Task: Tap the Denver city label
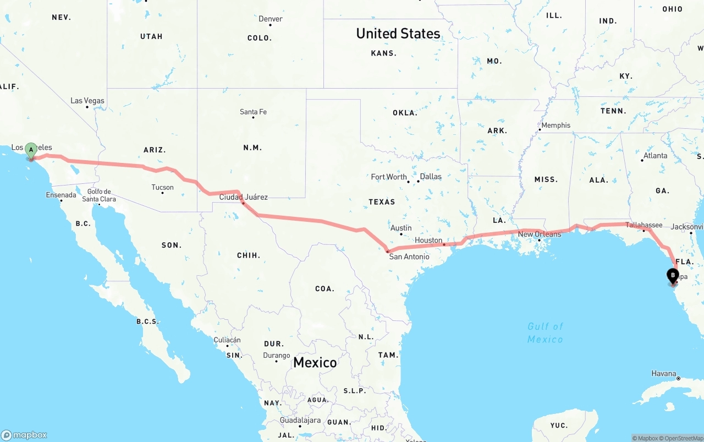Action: coord(271,19)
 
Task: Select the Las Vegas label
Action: coord(87,101)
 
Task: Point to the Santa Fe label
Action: coord(253,112)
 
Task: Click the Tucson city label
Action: coord(162,187)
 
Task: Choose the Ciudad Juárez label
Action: coord(243,197)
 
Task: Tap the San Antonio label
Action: coord(409,257)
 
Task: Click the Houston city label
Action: coord(428,240)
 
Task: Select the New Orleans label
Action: coord(540,234)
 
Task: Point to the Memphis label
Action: coord(556,125)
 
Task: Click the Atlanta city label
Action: coord(655,155)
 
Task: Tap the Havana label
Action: coord(663,373)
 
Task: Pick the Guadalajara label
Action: coord(300,420)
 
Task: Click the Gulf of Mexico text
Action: coord(545,332)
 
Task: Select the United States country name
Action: coord(398,33)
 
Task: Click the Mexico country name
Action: coord(315,362)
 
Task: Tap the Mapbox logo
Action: coord(24,435)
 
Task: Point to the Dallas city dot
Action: coord(417,181)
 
